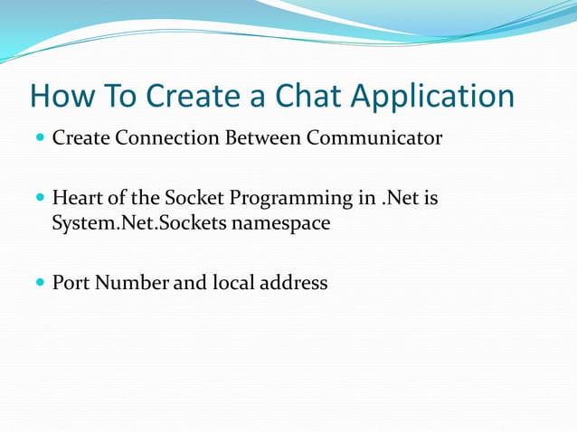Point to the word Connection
161,139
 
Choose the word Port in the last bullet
71,283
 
